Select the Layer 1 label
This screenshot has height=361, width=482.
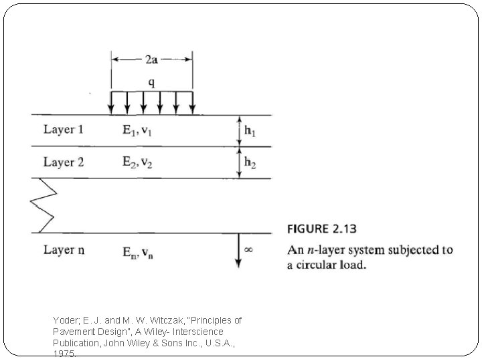64,129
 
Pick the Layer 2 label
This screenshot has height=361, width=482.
64,162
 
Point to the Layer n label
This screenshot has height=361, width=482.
64,250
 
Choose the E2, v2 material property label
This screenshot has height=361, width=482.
137,162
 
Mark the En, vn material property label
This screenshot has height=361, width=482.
137,251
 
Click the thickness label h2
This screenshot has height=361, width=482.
249,162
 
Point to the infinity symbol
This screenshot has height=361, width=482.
248,249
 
